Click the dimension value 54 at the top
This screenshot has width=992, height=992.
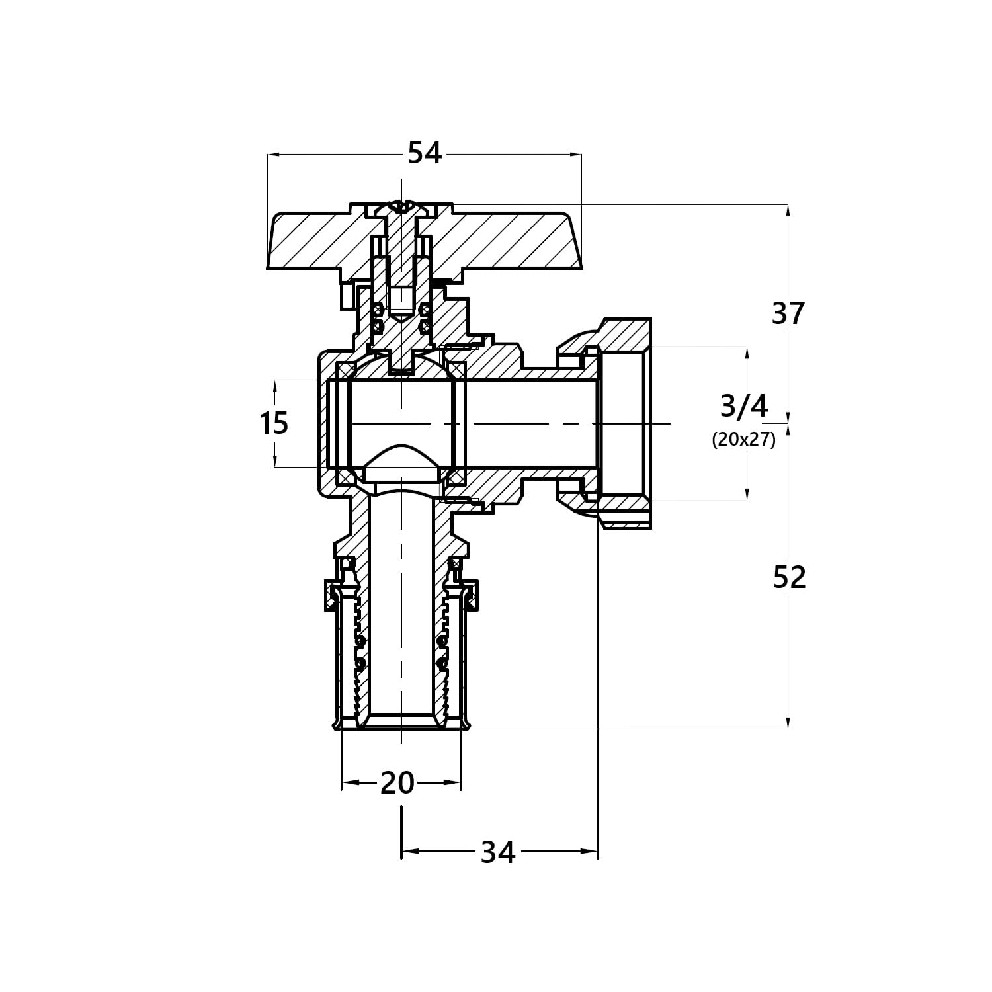(x=424, y=153)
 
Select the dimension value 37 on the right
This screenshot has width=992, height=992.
(x=788, y=313)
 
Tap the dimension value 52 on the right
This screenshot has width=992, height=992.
(x=790, y=578)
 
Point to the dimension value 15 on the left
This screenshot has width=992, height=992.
(x=274, y=423)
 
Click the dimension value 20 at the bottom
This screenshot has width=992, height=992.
(x=397, y=783)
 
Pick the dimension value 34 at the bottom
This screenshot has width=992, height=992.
(x=497, y=852)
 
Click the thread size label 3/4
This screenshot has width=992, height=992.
(x=744, y=406)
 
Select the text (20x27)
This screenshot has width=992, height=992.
(x=743, y=439)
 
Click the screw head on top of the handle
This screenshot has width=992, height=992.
(x=401, y=208)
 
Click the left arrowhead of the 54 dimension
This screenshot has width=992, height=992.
(x=275, y=155)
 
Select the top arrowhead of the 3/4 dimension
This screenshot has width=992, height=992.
(x=747, y=354)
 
